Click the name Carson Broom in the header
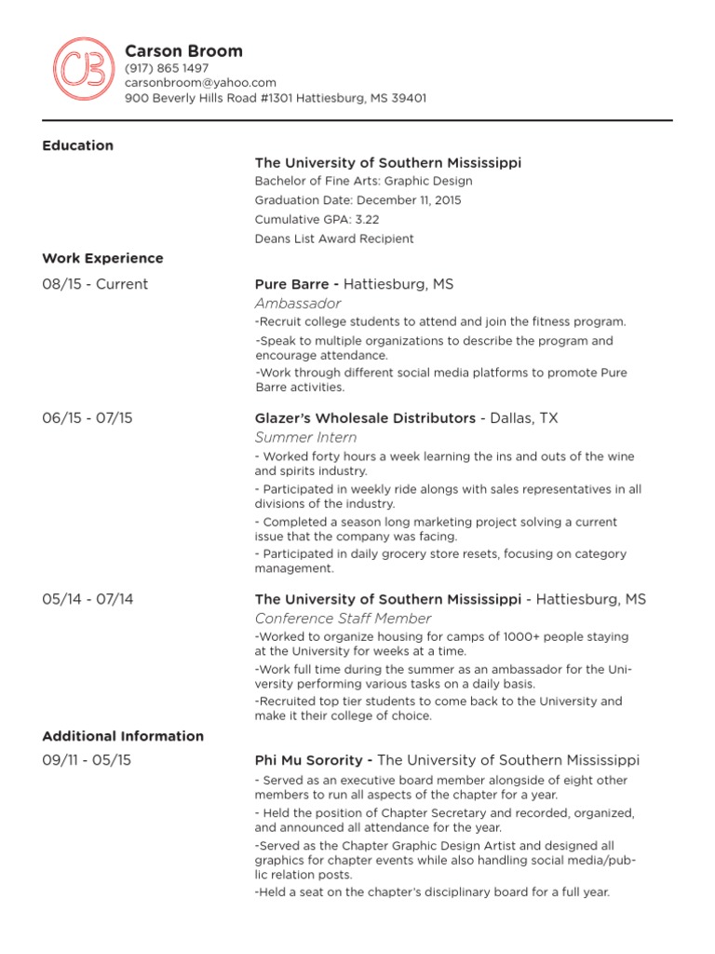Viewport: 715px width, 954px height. [x=183, y=51]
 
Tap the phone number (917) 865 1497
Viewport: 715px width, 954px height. [x=167, y=68]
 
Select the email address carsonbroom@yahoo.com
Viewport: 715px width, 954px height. [x=200, y=83]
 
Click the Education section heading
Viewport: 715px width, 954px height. [x=78, y=145]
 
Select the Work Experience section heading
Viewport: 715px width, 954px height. [x=102, y=258]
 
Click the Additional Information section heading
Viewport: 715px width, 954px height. [x=123, y=736]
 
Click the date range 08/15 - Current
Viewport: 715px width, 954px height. [x=95, y=284]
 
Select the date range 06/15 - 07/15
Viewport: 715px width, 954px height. [x=88, y=418]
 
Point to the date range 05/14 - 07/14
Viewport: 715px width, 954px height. [x=88, y=599]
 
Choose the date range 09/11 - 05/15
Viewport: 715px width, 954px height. [x=87, y=760]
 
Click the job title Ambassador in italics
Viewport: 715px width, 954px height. [x=298, y=304]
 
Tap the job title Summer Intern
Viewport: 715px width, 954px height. [x=305, y=437]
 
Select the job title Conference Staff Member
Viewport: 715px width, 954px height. [x=343, y=619]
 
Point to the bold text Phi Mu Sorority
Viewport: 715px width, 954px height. [x=309, y=760]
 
